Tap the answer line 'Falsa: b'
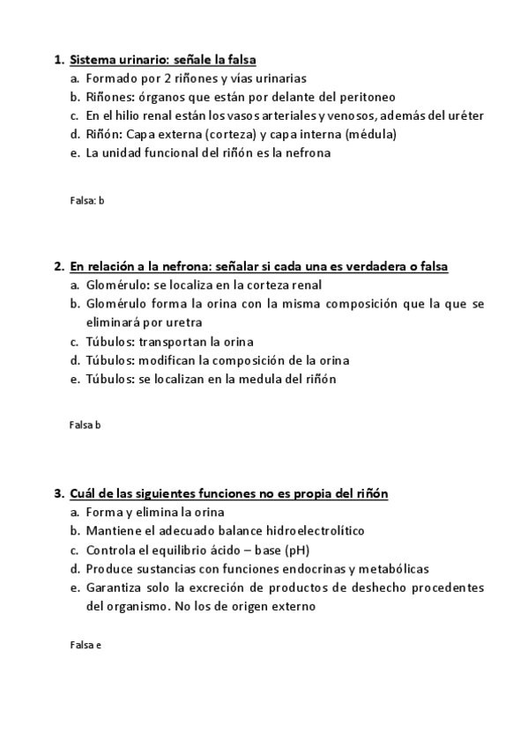(x=86, y=200)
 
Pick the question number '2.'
(x=59, y=266)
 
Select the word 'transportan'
(x=172, y=341)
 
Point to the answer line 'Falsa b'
(x=85, y=425)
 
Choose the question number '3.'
(x=59, y=493)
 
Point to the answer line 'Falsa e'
(x=85, y=645)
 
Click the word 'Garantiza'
(x=114, y=587)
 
